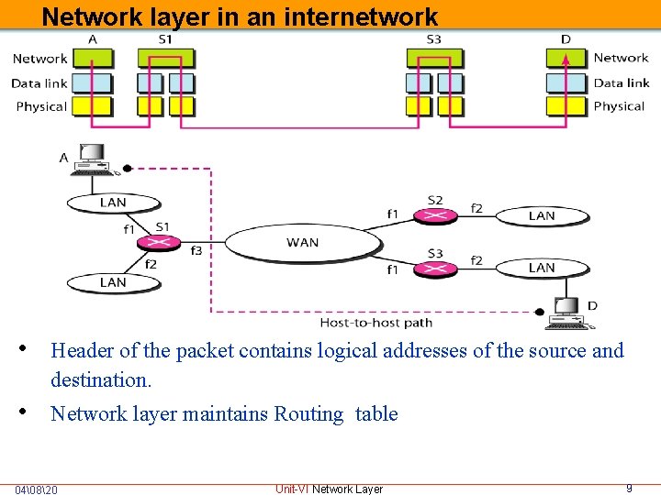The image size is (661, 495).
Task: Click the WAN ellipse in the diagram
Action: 302,243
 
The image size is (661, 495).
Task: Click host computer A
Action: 93,159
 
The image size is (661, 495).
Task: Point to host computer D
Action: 566,313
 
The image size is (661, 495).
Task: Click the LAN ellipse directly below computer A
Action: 112,203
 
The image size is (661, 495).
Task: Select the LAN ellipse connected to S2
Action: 542,215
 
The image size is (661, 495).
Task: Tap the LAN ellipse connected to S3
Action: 542,268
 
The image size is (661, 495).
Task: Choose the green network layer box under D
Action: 566,58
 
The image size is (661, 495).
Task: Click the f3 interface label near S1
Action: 196,250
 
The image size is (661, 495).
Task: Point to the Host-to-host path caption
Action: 375,323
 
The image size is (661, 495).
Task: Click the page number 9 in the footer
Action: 629,489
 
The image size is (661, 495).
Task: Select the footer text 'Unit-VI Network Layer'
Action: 329,489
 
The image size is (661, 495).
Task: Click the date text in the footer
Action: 36,489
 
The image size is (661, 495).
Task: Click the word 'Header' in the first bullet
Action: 79,350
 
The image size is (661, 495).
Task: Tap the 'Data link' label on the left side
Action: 39,82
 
